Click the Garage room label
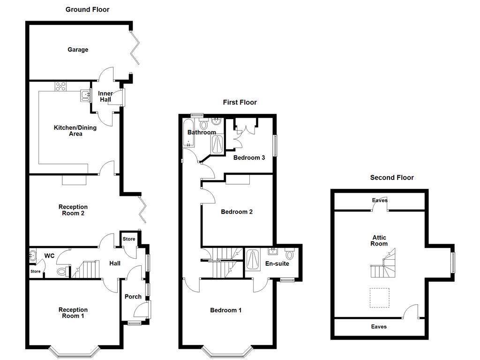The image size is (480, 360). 78,50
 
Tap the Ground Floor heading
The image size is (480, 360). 87,9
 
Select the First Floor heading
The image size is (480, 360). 240,102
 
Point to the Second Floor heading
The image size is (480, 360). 392,177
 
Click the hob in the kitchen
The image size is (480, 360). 61,86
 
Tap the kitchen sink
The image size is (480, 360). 85,96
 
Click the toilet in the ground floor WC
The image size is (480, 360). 61,271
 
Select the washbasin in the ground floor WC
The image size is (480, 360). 32,256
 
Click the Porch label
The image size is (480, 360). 133,296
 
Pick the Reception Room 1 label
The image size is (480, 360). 73,313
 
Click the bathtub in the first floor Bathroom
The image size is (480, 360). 188,133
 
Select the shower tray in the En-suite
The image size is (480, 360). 253,261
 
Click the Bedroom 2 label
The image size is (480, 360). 237,212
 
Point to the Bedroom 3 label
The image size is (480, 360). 249,157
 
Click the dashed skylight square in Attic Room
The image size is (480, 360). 380,298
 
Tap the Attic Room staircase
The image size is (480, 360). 384,265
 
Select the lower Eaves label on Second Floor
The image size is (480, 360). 379,327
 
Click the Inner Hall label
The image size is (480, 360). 105,97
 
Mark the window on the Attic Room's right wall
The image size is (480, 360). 453,262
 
